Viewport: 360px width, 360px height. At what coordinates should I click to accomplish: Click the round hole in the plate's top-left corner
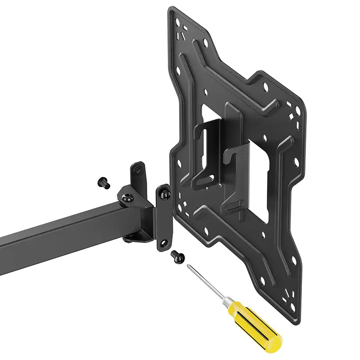(x=178, y=20)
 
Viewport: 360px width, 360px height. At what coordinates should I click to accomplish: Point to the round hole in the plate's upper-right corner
(x=297, y=108)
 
